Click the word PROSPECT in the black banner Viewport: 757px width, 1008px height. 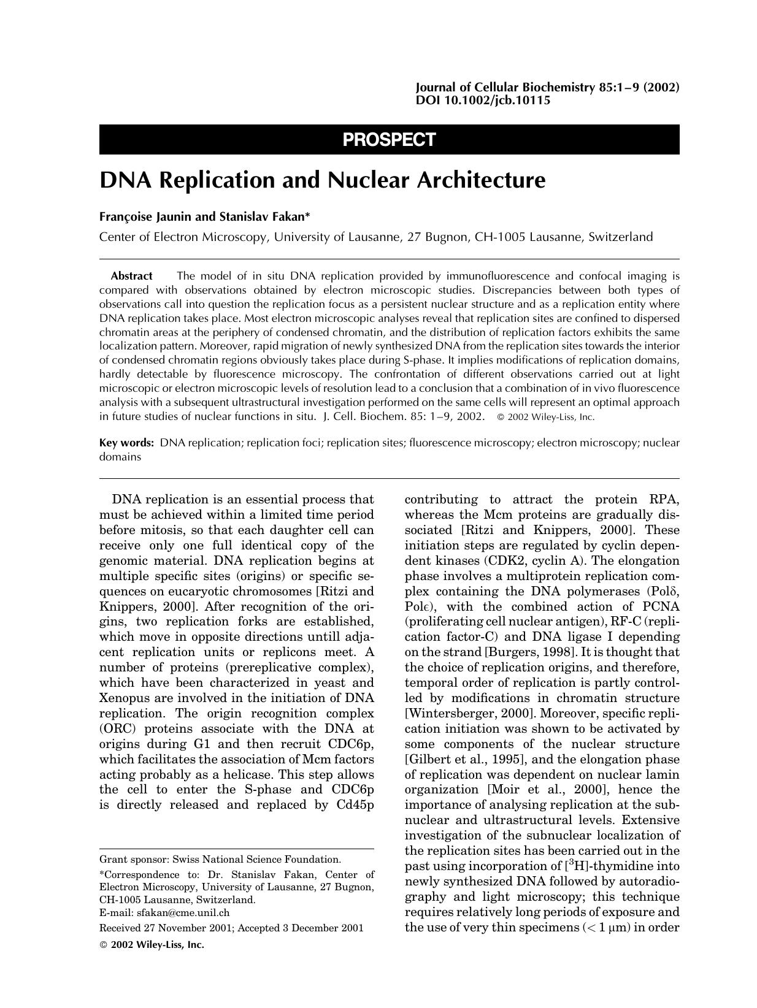coord(389,140)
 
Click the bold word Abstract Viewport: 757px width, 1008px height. coord(131,276)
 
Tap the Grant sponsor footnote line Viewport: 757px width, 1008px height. coord(220,860)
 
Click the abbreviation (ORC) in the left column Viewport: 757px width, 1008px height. coord(117,729)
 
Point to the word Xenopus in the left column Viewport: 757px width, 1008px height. coord(125,698)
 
